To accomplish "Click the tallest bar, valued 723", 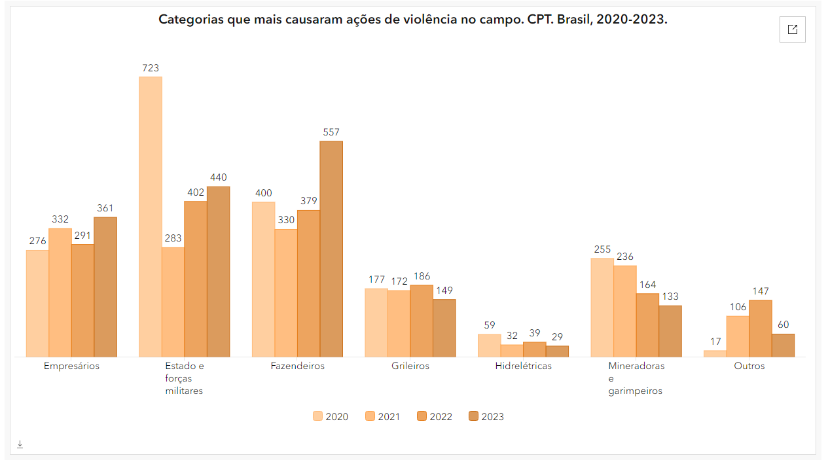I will click(150, 217).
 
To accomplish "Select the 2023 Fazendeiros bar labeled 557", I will click(331, 249).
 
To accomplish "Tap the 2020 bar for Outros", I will click(715, 353).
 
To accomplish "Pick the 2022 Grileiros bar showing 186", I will click(422, 321).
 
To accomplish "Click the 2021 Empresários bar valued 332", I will click(60, 293).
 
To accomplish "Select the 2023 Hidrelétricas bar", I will click(557, 351).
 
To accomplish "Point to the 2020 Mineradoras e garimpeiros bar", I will click(602, 308).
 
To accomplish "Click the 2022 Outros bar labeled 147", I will click(760, 329).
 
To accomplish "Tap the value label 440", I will click(218, 177).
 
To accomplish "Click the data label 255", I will click(602, 249).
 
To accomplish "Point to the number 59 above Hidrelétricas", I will click(489, 325).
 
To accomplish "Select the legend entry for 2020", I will click(331, 416).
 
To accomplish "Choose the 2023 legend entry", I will click(486, 416).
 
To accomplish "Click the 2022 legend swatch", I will click(422, 416).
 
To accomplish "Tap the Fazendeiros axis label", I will click(297, 366).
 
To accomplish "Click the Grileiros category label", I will click(410, 366).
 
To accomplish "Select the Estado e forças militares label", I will click(185, 378).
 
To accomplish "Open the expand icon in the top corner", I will click(792, 29).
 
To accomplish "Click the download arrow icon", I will click(20, 444).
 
